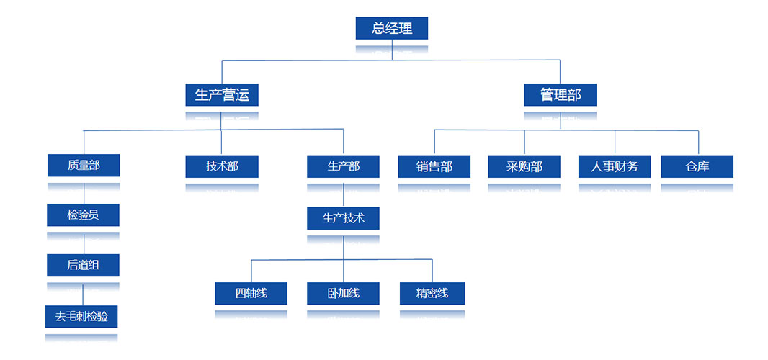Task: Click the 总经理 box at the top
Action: tap(392, 28)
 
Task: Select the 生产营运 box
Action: tap(221, 94)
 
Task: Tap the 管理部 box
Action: tap(560, 94)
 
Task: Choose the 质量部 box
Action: tap(84, 166)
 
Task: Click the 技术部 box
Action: tap(222, 166)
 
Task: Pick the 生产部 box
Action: tap(343, 166)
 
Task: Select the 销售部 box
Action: tap(434, 166)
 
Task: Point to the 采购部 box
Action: tap(524, 166)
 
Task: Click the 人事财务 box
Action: tap(615, 166)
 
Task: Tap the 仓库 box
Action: tap(697, 166)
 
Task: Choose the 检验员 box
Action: tap(83, 215)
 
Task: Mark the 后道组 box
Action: tap(83, 265)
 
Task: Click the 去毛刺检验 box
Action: tap(81, 315)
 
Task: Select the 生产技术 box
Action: tap(343, 218)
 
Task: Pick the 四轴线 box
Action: tap(251, 293)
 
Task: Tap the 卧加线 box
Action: tap(343, 293)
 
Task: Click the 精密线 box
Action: tap(432, 293)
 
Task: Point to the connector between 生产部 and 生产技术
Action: tap(343, 195)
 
